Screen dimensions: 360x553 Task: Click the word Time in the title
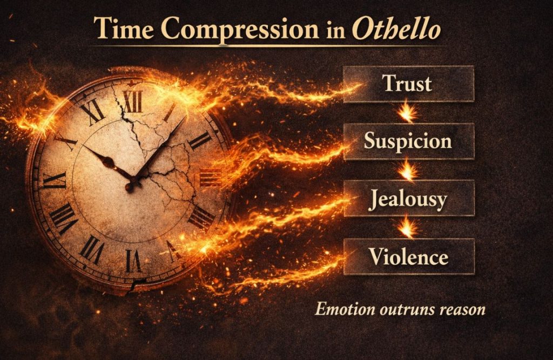[x=123, y=29]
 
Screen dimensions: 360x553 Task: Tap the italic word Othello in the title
[x=396, y=29]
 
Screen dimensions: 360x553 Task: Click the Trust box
[x=408, y=84]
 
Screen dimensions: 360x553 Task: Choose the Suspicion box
[x=408, y=141]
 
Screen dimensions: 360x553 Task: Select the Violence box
[x=408, y=256]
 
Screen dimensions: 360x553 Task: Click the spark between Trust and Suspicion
[x=408, y=112]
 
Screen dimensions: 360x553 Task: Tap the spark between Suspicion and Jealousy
[x=408, y=169]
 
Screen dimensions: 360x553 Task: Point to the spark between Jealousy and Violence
[x=408, y=227]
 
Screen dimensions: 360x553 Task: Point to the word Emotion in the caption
[x=339, y=309]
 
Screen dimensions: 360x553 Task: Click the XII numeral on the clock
[x=132, y=100]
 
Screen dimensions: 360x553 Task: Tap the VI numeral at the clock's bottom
[x=133, y=259]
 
